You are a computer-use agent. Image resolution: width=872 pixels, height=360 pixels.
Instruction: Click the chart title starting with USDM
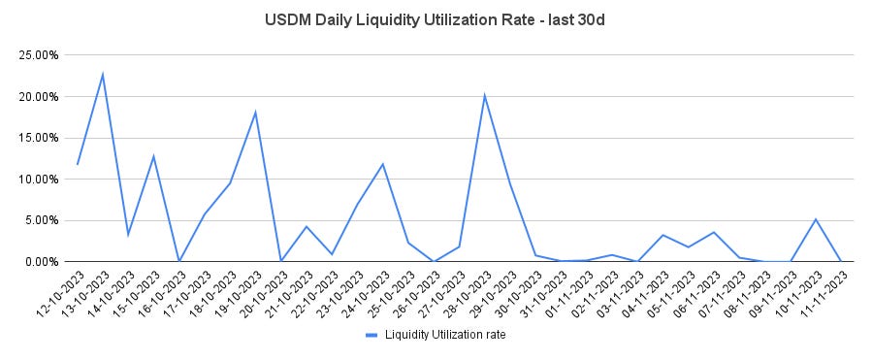(436, 19)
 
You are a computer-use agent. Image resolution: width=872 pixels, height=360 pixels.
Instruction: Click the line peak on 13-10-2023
(103, 74)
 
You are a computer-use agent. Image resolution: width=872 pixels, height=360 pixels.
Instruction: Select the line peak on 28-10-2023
(484, 95)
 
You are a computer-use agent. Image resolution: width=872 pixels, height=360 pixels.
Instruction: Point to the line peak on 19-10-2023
(255, 112)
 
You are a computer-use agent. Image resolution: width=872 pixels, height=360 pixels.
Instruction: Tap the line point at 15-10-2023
(153, 156)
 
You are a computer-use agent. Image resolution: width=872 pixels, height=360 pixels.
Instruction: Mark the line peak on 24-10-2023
(383, 164)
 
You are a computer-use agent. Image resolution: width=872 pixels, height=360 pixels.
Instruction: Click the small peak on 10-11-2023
(816, 219)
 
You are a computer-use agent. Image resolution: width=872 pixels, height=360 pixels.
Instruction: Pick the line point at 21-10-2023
(307, 226)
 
